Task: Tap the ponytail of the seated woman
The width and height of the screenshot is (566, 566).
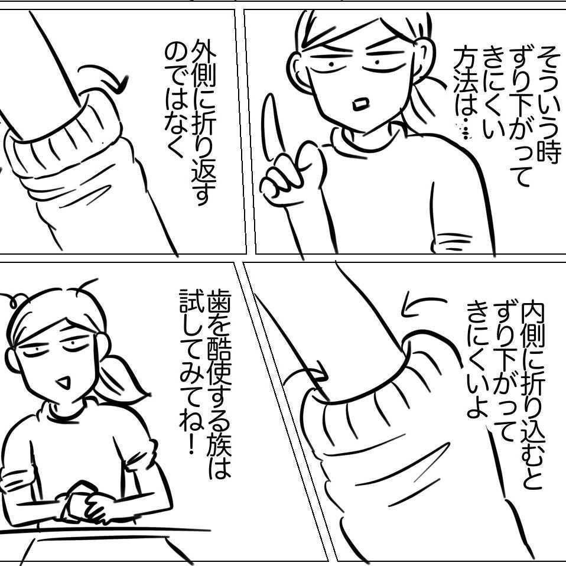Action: [123, 377]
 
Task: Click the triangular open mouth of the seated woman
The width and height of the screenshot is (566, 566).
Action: [64, 382]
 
